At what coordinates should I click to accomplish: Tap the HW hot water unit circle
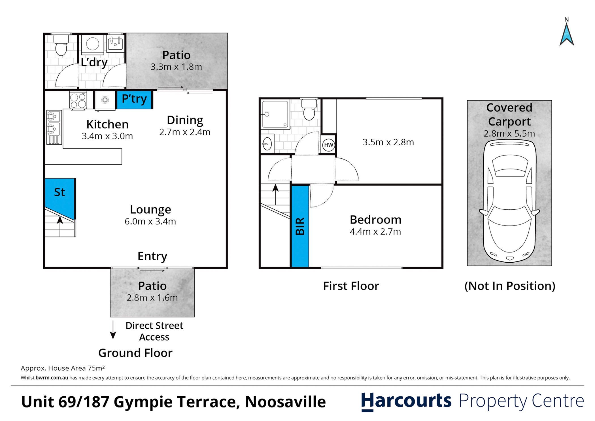328,145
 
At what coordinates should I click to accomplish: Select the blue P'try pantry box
134,99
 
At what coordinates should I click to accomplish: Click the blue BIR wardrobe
300,226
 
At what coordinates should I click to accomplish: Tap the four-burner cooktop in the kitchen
78,101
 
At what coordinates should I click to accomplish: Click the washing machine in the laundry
93,44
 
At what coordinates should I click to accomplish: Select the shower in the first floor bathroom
275,114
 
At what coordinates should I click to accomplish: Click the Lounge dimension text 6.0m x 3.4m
150,221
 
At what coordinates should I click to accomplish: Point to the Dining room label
185,120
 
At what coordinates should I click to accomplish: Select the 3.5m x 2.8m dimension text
388,142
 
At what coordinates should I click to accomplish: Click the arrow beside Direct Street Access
113,330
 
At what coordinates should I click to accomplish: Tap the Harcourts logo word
406,401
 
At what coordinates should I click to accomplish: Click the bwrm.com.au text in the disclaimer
52,378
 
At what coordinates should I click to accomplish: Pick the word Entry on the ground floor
152,256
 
